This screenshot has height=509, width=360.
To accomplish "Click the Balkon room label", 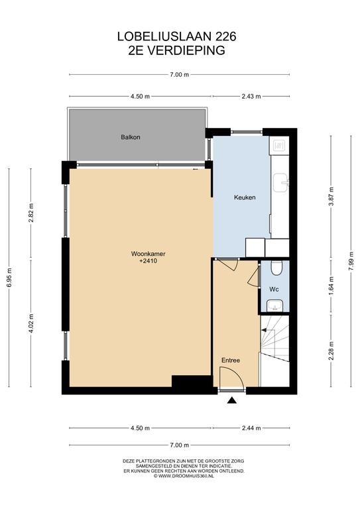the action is [131, 137].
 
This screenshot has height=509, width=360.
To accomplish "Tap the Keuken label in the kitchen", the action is [245, 198].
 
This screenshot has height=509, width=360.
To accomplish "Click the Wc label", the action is [274, 289].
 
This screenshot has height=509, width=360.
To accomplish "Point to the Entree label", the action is [231, 361].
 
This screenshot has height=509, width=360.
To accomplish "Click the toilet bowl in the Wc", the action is [276, 268].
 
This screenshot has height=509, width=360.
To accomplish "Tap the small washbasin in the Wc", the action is [274, 306].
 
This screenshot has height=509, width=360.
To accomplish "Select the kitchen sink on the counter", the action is [280, 182].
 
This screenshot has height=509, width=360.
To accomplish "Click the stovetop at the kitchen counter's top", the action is [279, 144].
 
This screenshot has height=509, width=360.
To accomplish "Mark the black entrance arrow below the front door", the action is [232, 400].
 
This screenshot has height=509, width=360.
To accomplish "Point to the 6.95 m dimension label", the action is [9, 277].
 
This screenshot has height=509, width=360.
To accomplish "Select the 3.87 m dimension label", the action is [331, 196].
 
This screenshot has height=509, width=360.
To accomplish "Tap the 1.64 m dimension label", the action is [331, 286].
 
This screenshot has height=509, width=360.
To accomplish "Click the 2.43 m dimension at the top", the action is [251, 96].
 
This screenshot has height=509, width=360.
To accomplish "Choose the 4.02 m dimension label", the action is [31, 323].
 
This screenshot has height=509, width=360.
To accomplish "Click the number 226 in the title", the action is [225, 36].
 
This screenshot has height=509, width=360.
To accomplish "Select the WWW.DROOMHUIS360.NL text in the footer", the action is [186, 476].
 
